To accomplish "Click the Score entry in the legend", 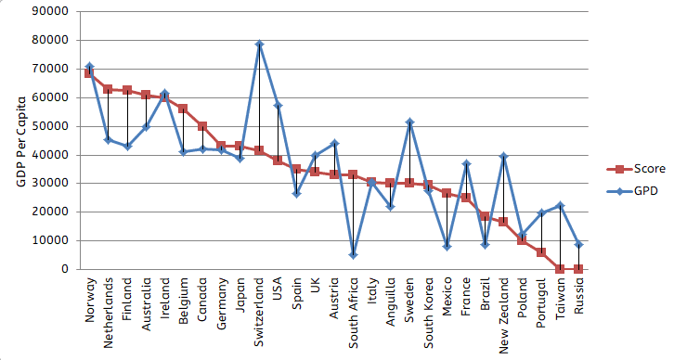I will coord(631,169).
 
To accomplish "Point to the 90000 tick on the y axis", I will coord(54,11).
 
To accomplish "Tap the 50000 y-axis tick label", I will coord(54,126).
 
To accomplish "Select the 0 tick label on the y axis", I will coord(66,269).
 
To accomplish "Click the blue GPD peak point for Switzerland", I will coord(259,44).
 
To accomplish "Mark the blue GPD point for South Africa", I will coord(354,255).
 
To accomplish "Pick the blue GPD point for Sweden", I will coord(409,122).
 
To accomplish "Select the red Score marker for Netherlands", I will coord(108,89).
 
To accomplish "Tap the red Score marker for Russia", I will coord(578,269).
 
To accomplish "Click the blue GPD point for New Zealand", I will coord(503,156).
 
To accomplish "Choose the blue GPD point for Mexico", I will coord(447,246).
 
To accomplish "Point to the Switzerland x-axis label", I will coord(259,311).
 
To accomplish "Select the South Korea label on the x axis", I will coord(428,313).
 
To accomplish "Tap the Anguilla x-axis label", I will coord(391,303).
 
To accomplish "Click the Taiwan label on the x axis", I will coord(560,299).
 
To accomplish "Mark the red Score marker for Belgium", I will coord(183,109).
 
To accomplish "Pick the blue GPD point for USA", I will coord(278,105).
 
